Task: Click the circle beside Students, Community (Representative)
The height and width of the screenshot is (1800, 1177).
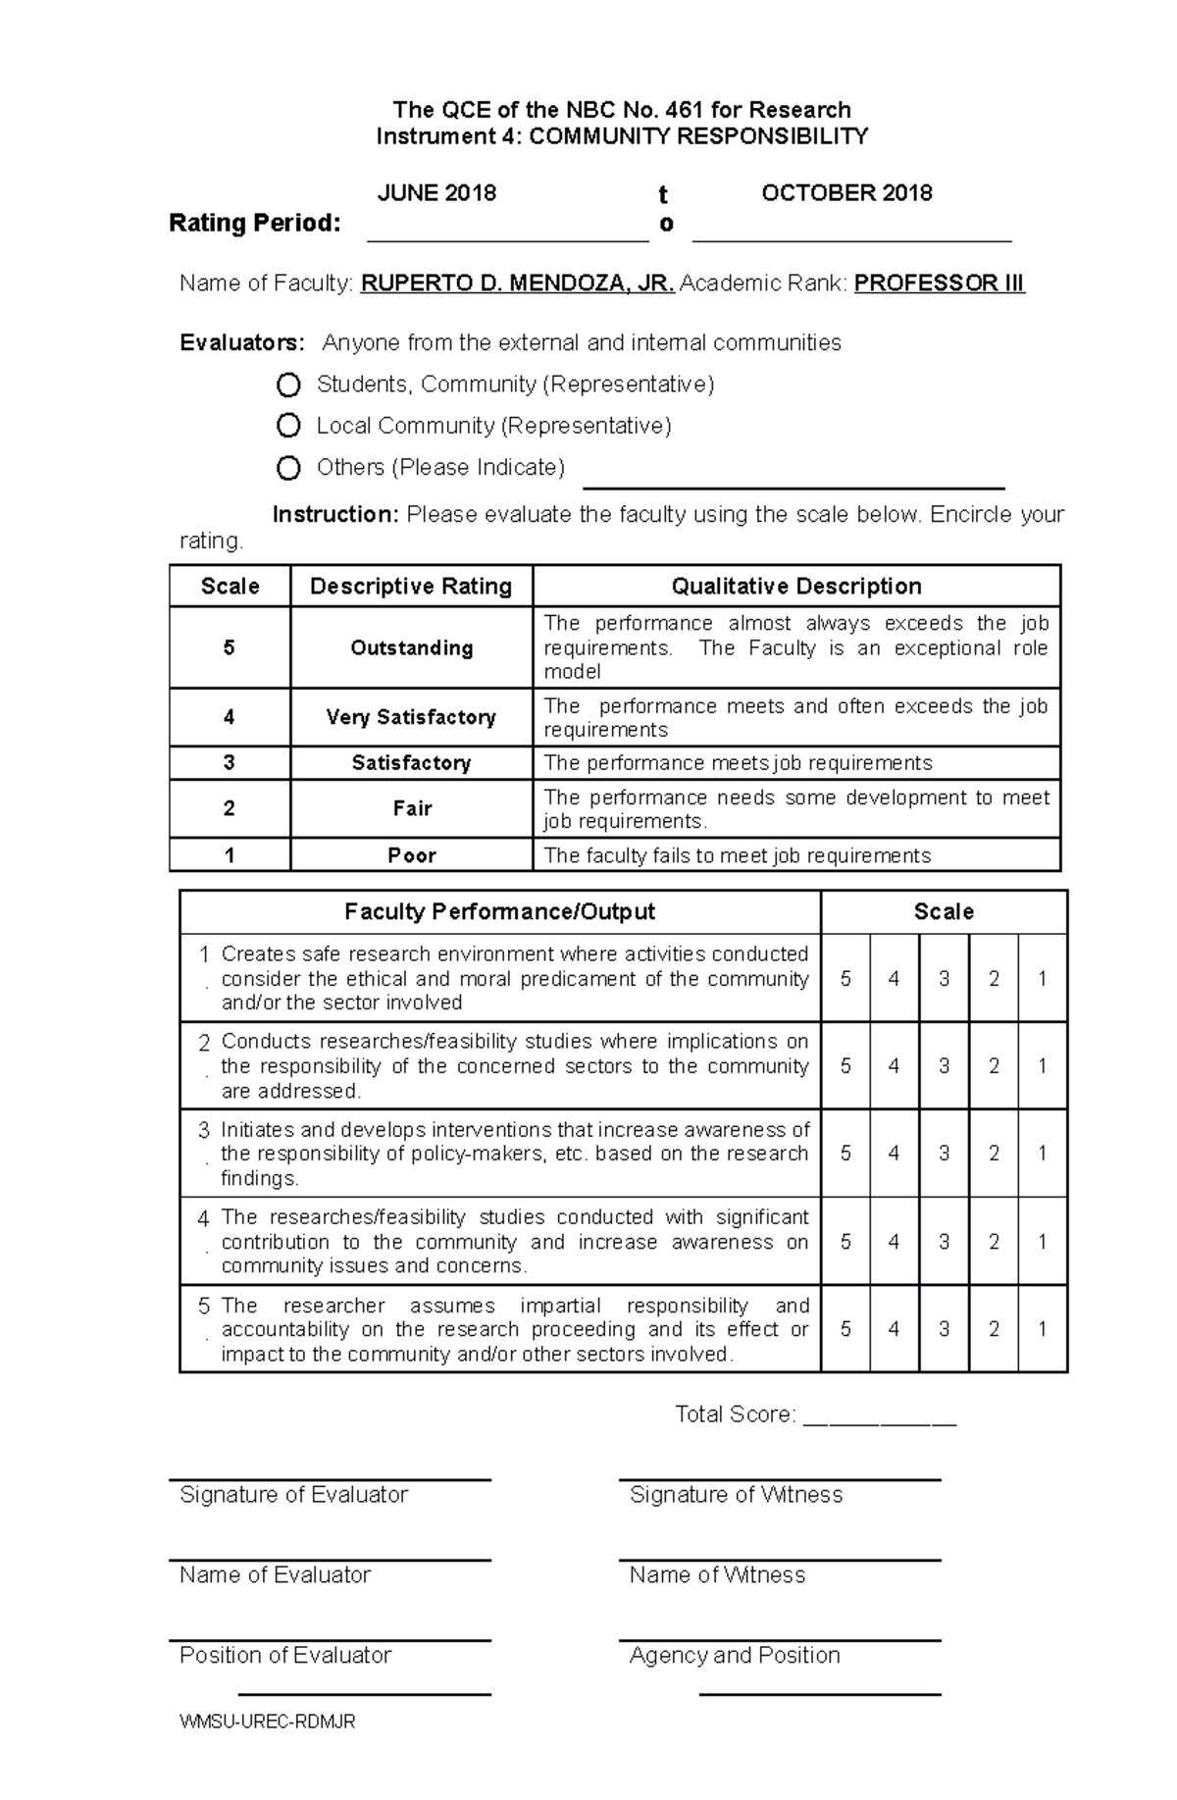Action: (288, 385)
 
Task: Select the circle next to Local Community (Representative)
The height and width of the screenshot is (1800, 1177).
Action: (288, 426)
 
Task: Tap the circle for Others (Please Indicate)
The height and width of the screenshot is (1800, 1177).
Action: (288, 468)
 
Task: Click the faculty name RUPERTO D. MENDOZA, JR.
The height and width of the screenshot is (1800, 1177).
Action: (517, 284)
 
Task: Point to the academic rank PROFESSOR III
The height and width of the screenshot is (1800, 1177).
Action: (939, 284)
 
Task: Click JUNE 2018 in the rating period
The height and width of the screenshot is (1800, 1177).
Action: (436, 193)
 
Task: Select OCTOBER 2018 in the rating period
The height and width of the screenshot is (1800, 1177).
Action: (846, 193)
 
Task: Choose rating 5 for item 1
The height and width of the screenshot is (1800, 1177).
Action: (845, 979)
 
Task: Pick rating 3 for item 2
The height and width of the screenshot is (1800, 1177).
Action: (944, 1066)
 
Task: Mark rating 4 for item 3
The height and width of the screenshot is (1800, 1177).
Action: (894, 1154)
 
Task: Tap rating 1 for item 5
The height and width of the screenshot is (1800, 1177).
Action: (1043, 1329)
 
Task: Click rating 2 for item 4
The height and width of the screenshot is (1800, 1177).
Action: (994, 1242)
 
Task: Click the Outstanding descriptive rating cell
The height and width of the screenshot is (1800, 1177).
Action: (411, 648)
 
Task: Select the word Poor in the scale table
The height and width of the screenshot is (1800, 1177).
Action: (411, 855)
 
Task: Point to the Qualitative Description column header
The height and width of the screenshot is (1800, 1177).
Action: (795, 587)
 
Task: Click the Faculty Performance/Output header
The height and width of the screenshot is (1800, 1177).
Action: (499, 912)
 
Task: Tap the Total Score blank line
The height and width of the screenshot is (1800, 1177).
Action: (879, 1415)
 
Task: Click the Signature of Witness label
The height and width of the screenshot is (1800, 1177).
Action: (736, 1495)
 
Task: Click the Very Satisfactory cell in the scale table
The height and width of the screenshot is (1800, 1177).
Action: (411, 718)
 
